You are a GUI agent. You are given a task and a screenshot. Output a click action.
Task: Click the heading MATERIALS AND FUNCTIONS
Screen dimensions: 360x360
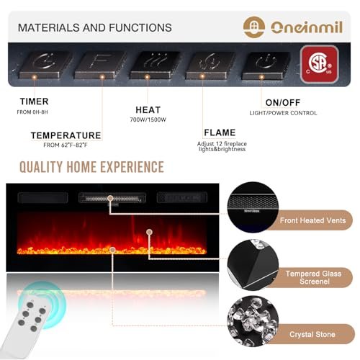(95, 28)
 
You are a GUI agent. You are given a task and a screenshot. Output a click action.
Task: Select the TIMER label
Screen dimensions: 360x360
(35, 102)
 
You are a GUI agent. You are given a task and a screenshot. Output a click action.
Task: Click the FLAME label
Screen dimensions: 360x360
(219, 132)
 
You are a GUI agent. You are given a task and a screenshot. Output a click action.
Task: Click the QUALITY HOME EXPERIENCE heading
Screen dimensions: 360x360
(91, 167)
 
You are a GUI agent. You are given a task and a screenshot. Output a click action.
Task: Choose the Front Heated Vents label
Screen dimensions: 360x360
(313, 220)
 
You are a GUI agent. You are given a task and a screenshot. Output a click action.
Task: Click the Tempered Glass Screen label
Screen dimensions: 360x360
(312, 278)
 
